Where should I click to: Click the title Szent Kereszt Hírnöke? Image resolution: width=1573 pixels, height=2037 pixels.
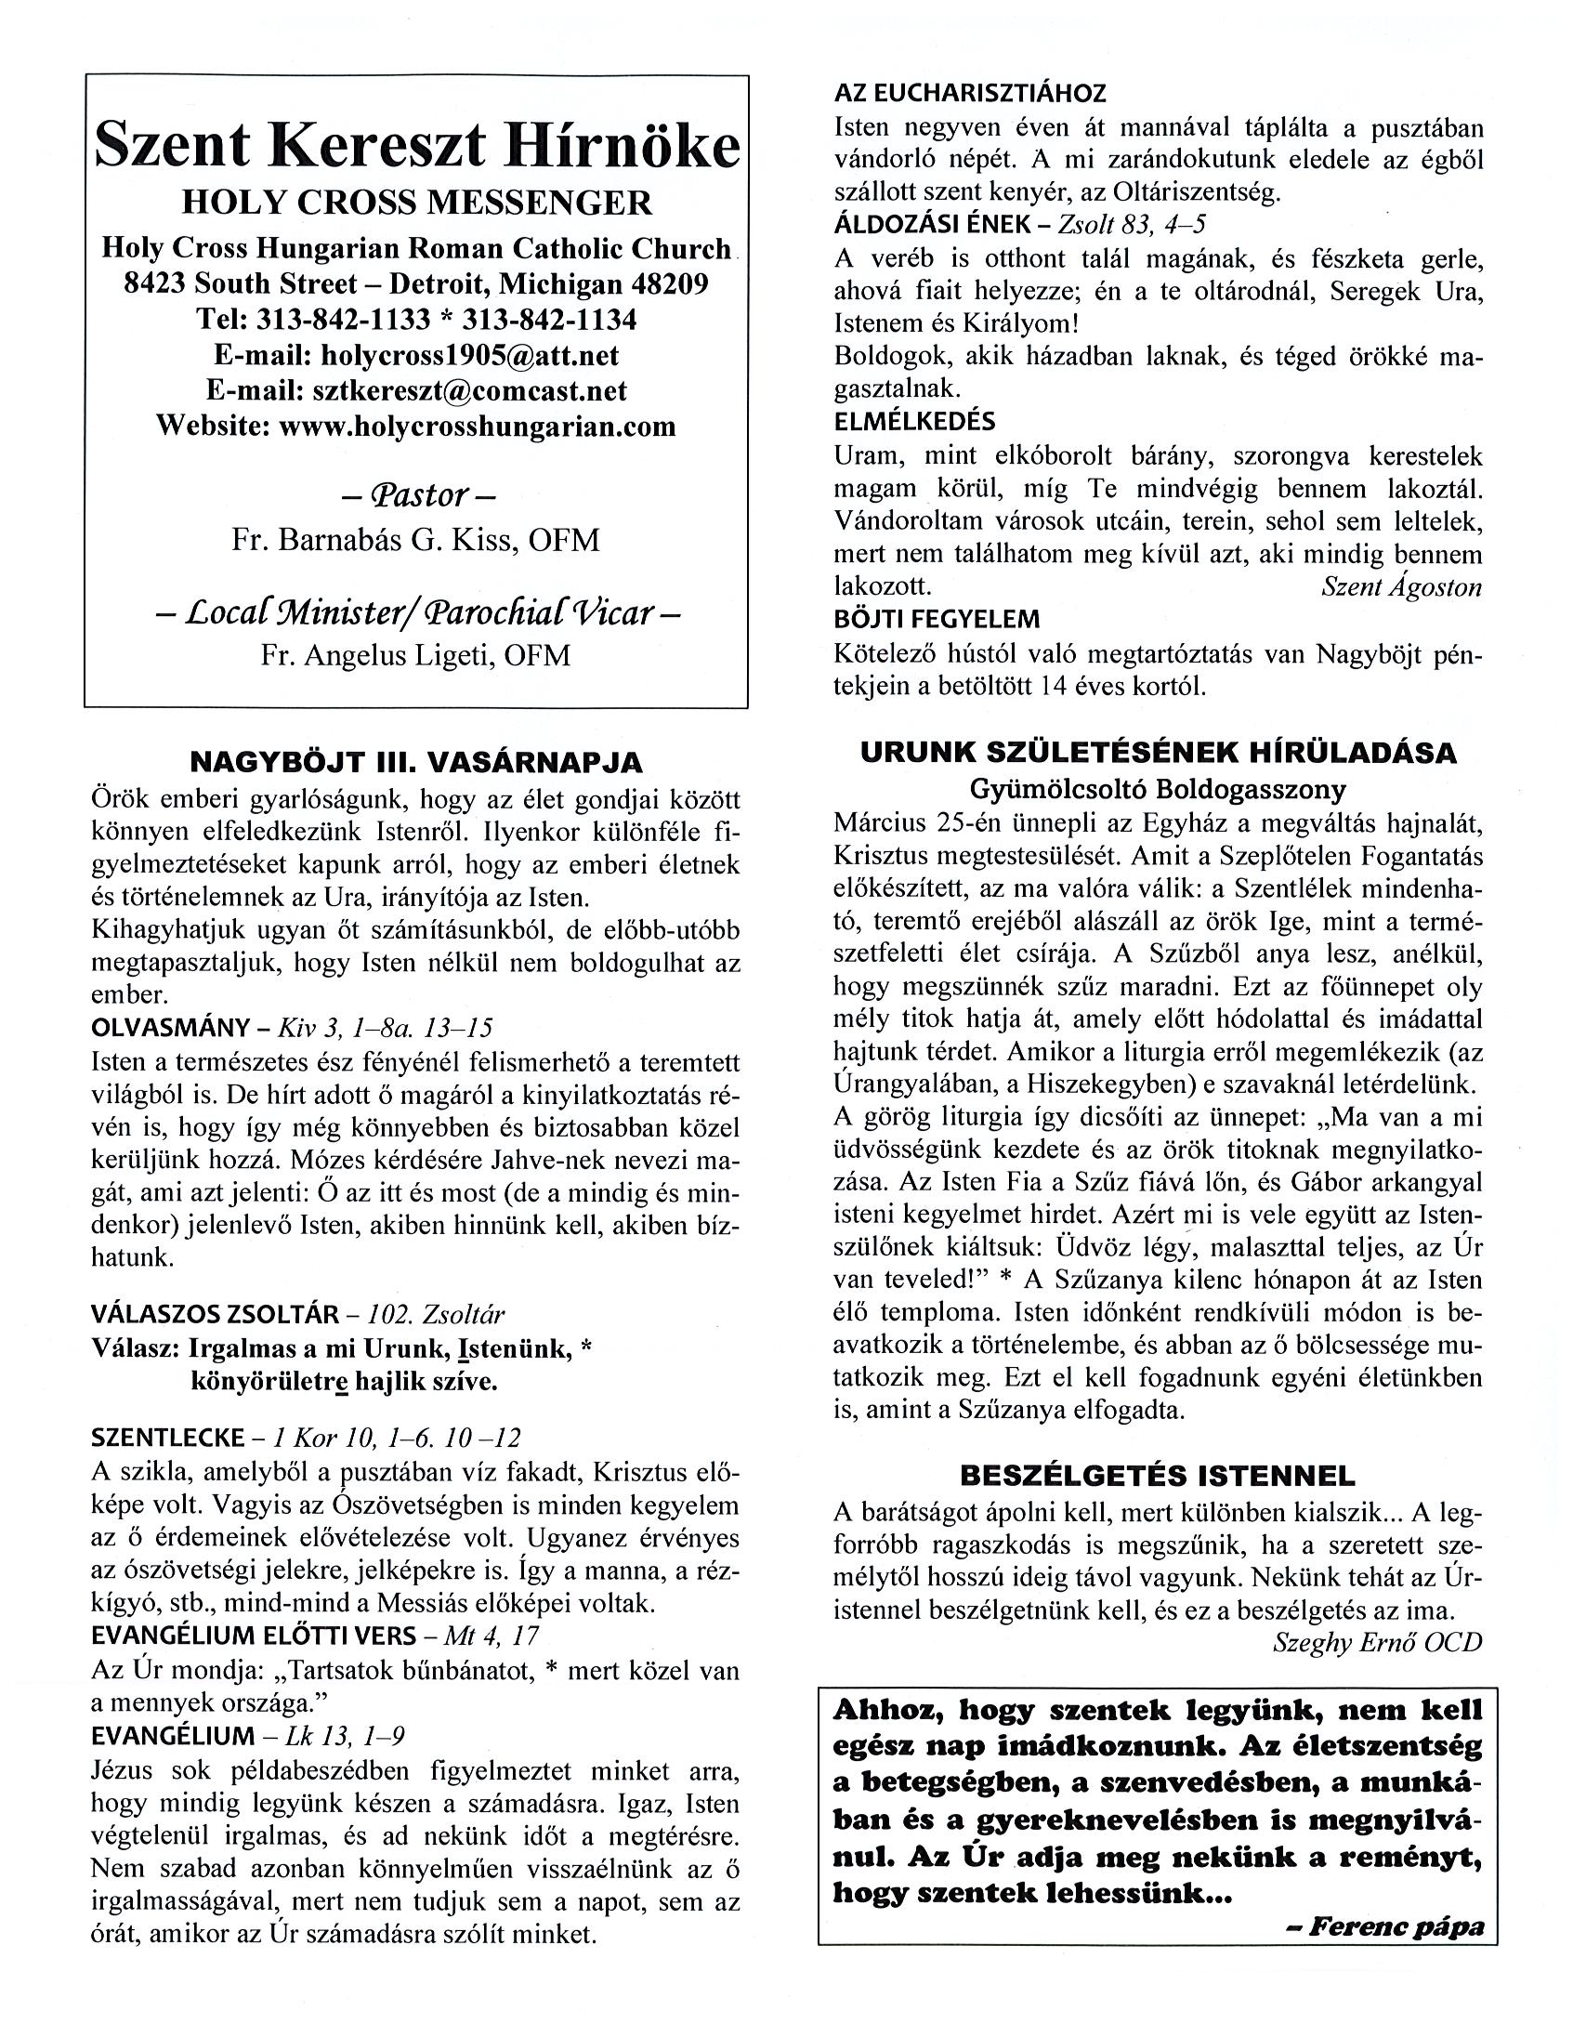pos(417,147)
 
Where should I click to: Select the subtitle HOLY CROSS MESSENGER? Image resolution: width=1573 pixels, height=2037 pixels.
pos(417,203)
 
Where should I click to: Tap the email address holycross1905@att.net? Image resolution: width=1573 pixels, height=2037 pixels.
pos(469,355)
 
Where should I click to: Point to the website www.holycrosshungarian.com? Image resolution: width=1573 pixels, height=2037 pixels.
pos(478,427)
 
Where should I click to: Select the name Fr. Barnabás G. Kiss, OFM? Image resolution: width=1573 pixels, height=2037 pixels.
pos(416,540)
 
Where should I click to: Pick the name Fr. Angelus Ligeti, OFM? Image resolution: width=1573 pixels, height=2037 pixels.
pos(416,656)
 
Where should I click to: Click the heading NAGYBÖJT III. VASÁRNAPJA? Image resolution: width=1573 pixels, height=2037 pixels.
pos(416,762)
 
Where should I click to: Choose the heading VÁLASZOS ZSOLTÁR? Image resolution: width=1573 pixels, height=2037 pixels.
pos(215,1315)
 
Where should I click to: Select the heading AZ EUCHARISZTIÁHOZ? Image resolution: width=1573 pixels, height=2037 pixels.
pos(970,93)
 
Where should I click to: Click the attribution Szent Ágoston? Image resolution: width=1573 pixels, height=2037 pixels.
pos(1401,586)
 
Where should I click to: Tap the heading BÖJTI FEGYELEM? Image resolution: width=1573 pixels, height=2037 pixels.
pos(937,619)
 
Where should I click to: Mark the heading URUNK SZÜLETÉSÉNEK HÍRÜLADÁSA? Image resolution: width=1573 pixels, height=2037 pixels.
pos(1158,754)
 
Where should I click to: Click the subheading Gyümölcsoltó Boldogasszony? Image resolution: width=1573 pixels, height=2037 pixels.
pos(1158,790)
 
